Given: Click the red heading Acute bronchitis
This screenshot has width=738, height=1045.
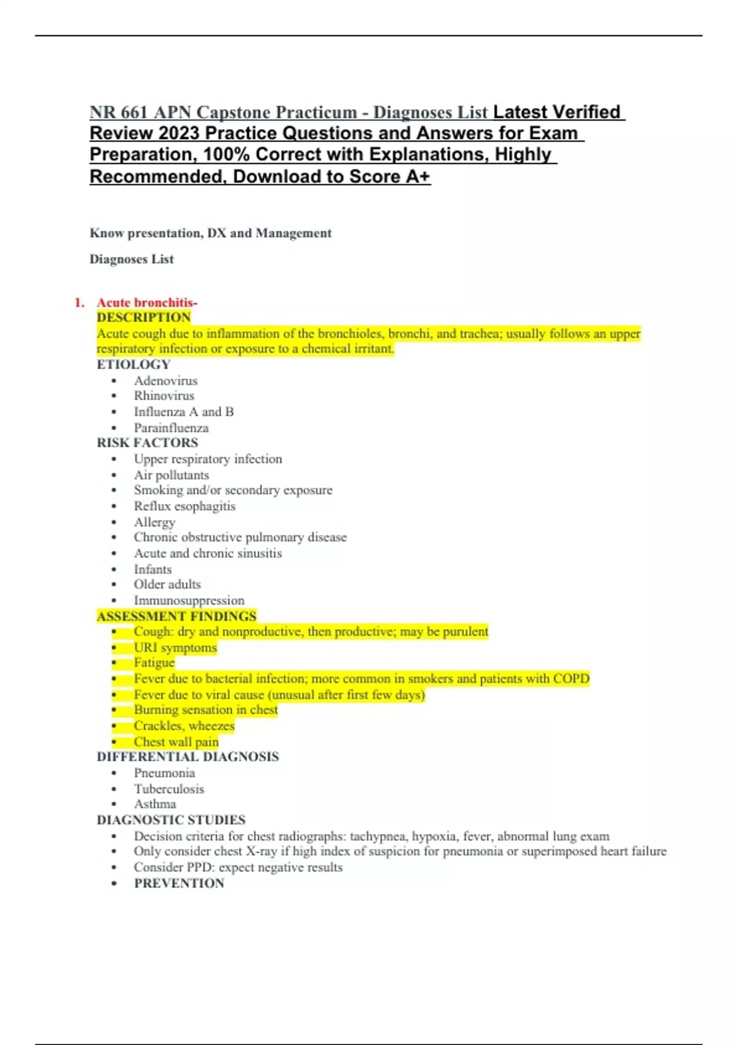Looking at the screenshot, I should coord(146,302).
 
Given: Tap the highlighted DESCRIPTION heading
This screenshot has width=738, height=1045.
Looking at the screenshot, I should coord(143,317).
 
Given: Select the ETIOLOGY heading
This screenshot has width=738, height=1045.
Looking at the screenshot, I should coord(133,365).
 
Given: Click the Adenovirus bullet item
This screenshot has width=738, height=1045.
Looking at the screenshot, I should coord(165,381).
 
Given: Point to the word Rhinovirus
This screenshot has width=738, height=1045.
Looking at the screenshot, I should coord(164,396).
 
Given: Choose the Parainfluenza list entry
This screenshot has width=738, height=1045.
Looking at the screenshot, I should coord(171,428).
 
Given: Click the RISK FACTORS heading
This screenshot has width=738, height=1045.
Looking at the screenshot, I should coord(147,443).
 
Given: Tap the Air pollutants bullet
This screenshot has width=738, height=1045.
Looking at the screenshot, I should coord(171,475).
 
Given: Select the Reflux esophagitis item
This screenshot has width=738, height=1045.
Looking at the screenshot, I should coord(184,506).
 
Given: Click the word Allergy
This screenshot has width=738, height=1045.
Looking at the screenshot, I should coord(154,522).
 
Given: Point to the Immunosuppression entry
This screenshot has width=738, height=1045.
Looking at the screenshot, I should coord(189,600).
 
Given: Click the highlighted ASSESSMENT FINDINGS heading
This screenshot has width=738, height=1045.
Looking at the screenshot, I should coord(176,616).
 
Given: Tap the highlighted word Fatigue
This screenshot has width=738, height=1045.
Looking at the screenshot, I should coord(154,663).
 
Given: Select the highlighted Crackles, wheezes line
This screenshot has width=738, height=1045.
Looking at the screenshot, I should coord(184,726).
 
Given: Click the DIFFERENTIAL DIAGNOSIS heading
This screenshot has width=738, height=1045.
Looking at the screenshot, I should coord(188,757).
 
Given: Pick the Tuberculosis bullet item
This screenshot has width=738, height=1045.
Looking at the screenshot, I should coord(169,789).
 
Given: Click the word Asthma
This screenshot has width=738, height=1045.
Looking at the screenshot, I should coord(155,804).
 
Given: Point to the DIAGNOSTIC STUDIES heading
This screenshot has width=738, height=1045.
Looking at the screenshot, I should coord(171,820).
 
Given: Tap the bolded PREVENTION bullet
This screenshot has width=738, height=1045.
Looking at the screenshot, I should coord(179,883).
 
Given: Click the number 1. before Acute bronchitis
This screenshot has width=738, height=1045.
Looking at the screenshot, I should coord(79,302).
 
